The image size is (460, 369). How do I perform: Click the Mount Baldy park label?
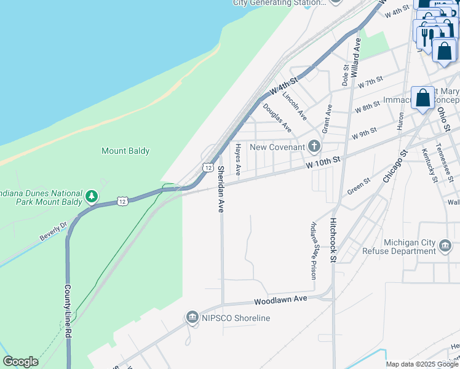point(125,151)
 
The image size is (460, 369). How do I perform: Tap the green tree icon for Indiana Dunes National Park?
point(92,196)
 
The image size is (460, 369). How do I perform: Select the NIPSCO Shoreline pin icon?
point(192,317)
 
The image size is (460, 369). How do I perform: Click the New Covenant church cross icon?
point(314,146)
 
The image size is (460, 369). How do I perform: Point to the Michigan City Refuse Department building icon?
point(445,247)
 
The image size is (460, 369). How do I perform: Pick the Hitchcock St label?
point(333,240)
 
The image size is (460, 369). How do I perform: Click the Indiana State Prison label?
point(314,250)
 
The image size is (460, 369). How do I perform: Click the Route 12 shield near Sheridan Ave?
point(208,167)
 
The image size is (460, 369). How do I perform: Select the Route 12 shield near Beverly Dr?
point(123,201)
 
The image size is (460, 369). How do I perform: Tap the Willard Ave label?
point(356,57)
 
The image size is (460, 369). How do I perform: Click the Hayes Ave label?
point(238,159)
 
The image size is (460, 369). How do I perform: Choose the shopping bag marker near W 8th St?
point(423,98)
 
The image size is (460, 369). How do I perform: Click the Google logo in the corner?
point(21,362)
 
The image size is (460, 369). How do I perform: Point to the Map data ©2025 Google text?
point(422,364)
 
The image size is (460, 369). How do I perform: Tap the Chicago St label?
point(395,165)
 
